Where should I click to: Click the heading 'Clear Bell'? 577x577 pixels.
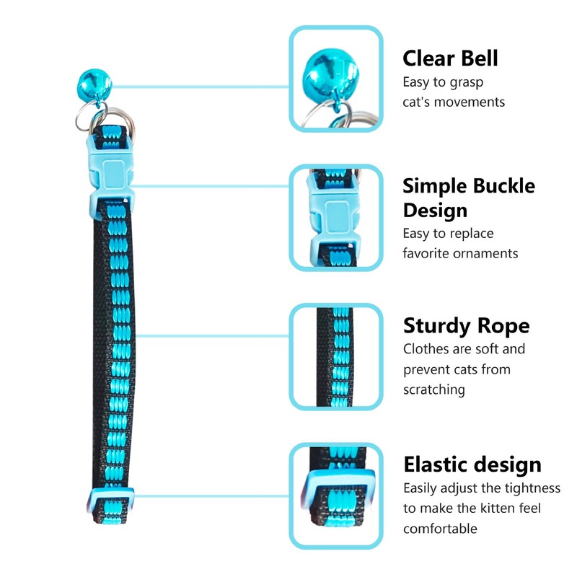point(450,58)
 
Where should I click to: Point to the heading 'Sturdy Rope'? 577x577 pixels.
point(466,325)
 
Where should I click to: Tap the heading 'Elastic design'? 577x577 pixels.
point(472,464)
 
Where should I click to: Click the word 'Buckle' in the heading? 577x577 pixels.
point(504,185)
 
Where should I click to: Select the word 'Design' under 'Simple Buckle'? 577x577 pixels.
point(435,211)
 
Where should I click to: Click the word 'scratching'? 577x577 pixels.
point(433,389)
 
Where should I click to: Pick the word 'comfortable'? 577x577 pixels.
point(440,529)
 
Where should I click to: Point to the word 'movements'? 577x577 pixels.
point(470,102)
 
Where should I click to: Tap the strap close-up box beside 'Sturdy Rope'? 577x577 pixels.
point(335,356)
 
